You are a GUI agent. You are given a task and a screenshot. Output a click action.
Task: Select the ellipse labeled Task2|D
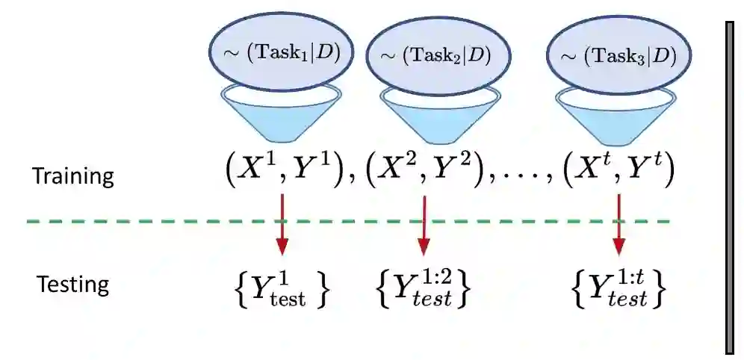[436, 56]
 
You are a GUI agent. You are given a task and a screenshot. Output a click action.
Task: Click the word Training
[72, 177]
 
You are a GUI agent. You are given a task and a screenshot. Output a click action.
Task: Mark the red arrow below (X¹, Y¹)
[282, 223]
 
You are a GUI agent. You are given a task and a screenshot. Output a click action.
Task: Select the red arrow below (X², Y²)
[424, 223]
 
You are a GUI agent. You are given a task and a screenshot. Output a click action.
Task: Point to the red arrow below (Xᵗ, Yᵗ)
[619, 223]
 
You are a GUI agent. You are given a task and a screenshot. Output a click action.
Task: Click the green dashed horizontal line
[149, 221]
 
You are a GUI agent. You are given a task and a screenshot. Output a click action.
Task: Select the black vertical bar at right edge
[731, 187]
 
